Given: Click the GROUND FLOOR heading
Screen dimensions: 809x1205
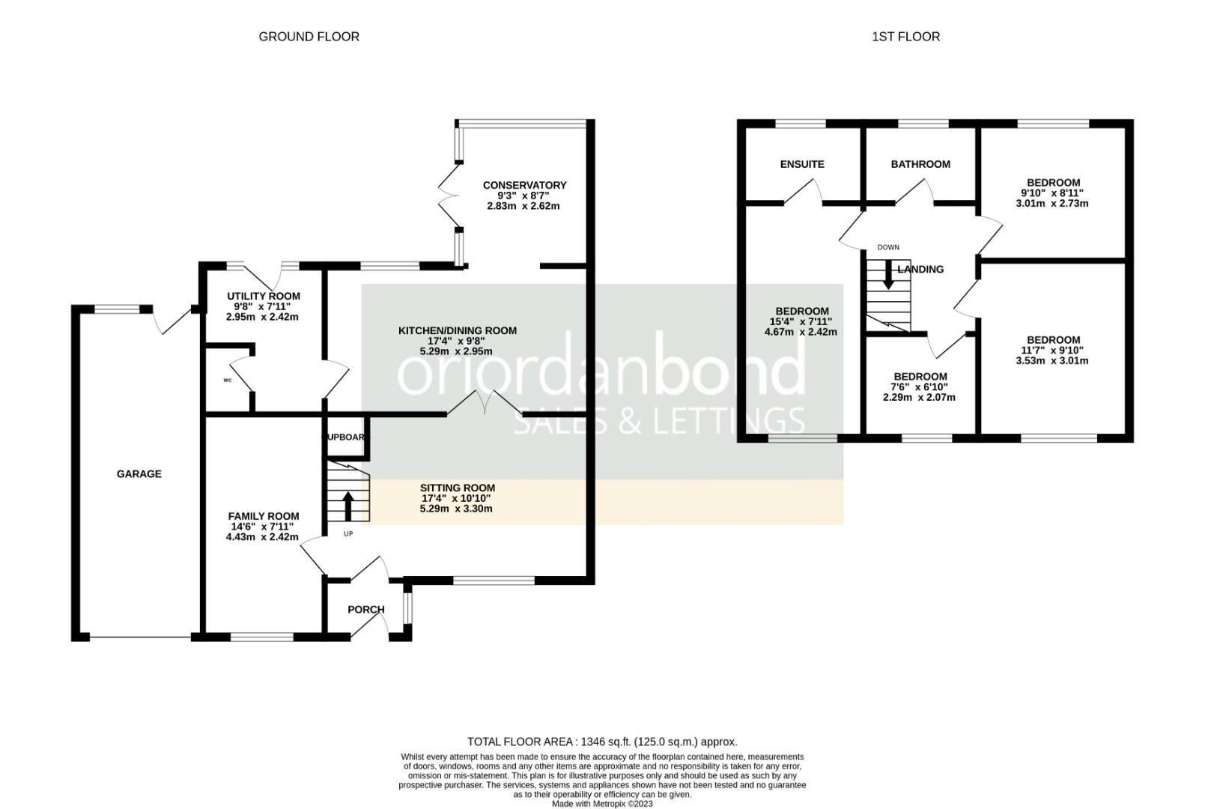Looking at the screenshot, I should tap(309, 37).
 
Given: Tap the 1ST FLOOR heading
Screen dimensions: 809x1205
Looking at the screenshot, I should tap(905, 37).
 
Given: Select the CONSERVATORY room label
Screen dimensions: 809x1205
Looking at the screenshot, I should tap(524, 185).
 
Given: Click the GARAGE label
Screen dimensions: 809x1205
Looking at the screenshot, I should tap(139, 474).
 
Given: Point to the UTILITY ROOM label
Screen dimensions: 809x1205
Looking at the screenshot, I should tap(263, 297).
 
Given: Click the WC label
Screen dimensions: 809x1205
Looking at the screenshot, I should tap(228, 381).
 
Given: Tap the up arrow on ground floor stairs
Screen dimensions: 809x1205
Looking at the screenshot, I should tap(348, 506).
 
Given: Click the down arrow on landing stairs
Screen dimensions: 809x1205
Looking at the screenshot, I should tap(888, 275).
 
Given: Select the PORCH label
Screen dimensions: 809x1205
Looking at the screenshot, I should tap(366, 610).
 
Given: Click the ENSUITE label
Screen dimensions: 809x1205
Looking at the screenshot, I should tap(802, 164).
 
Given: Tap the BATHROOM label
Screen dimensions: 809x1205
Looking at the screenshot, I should tap(920, 164).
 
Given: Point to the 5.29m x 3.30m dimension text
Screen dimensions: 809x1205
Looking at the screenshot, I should tap(457, 509).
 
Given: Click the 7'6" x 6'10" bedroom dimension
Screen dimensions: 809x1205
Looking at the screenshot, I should tap(920, 387).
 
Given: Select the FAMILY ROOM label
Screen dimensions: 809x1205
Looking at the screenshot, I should tap(263, 516).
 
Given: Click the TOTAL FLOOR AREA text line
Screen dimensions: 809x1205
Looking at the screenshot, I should tap(602, 742).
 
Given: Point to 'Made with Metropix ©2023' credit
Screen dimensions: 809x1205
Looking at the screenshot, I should tap(602, 804).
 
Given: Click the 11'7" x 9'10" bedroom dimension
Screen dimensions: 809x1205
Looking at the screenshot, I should tap(1052, 351).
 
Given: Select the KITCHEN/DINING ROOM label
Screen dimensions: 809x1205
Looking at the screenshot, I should tap(457, 330).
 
